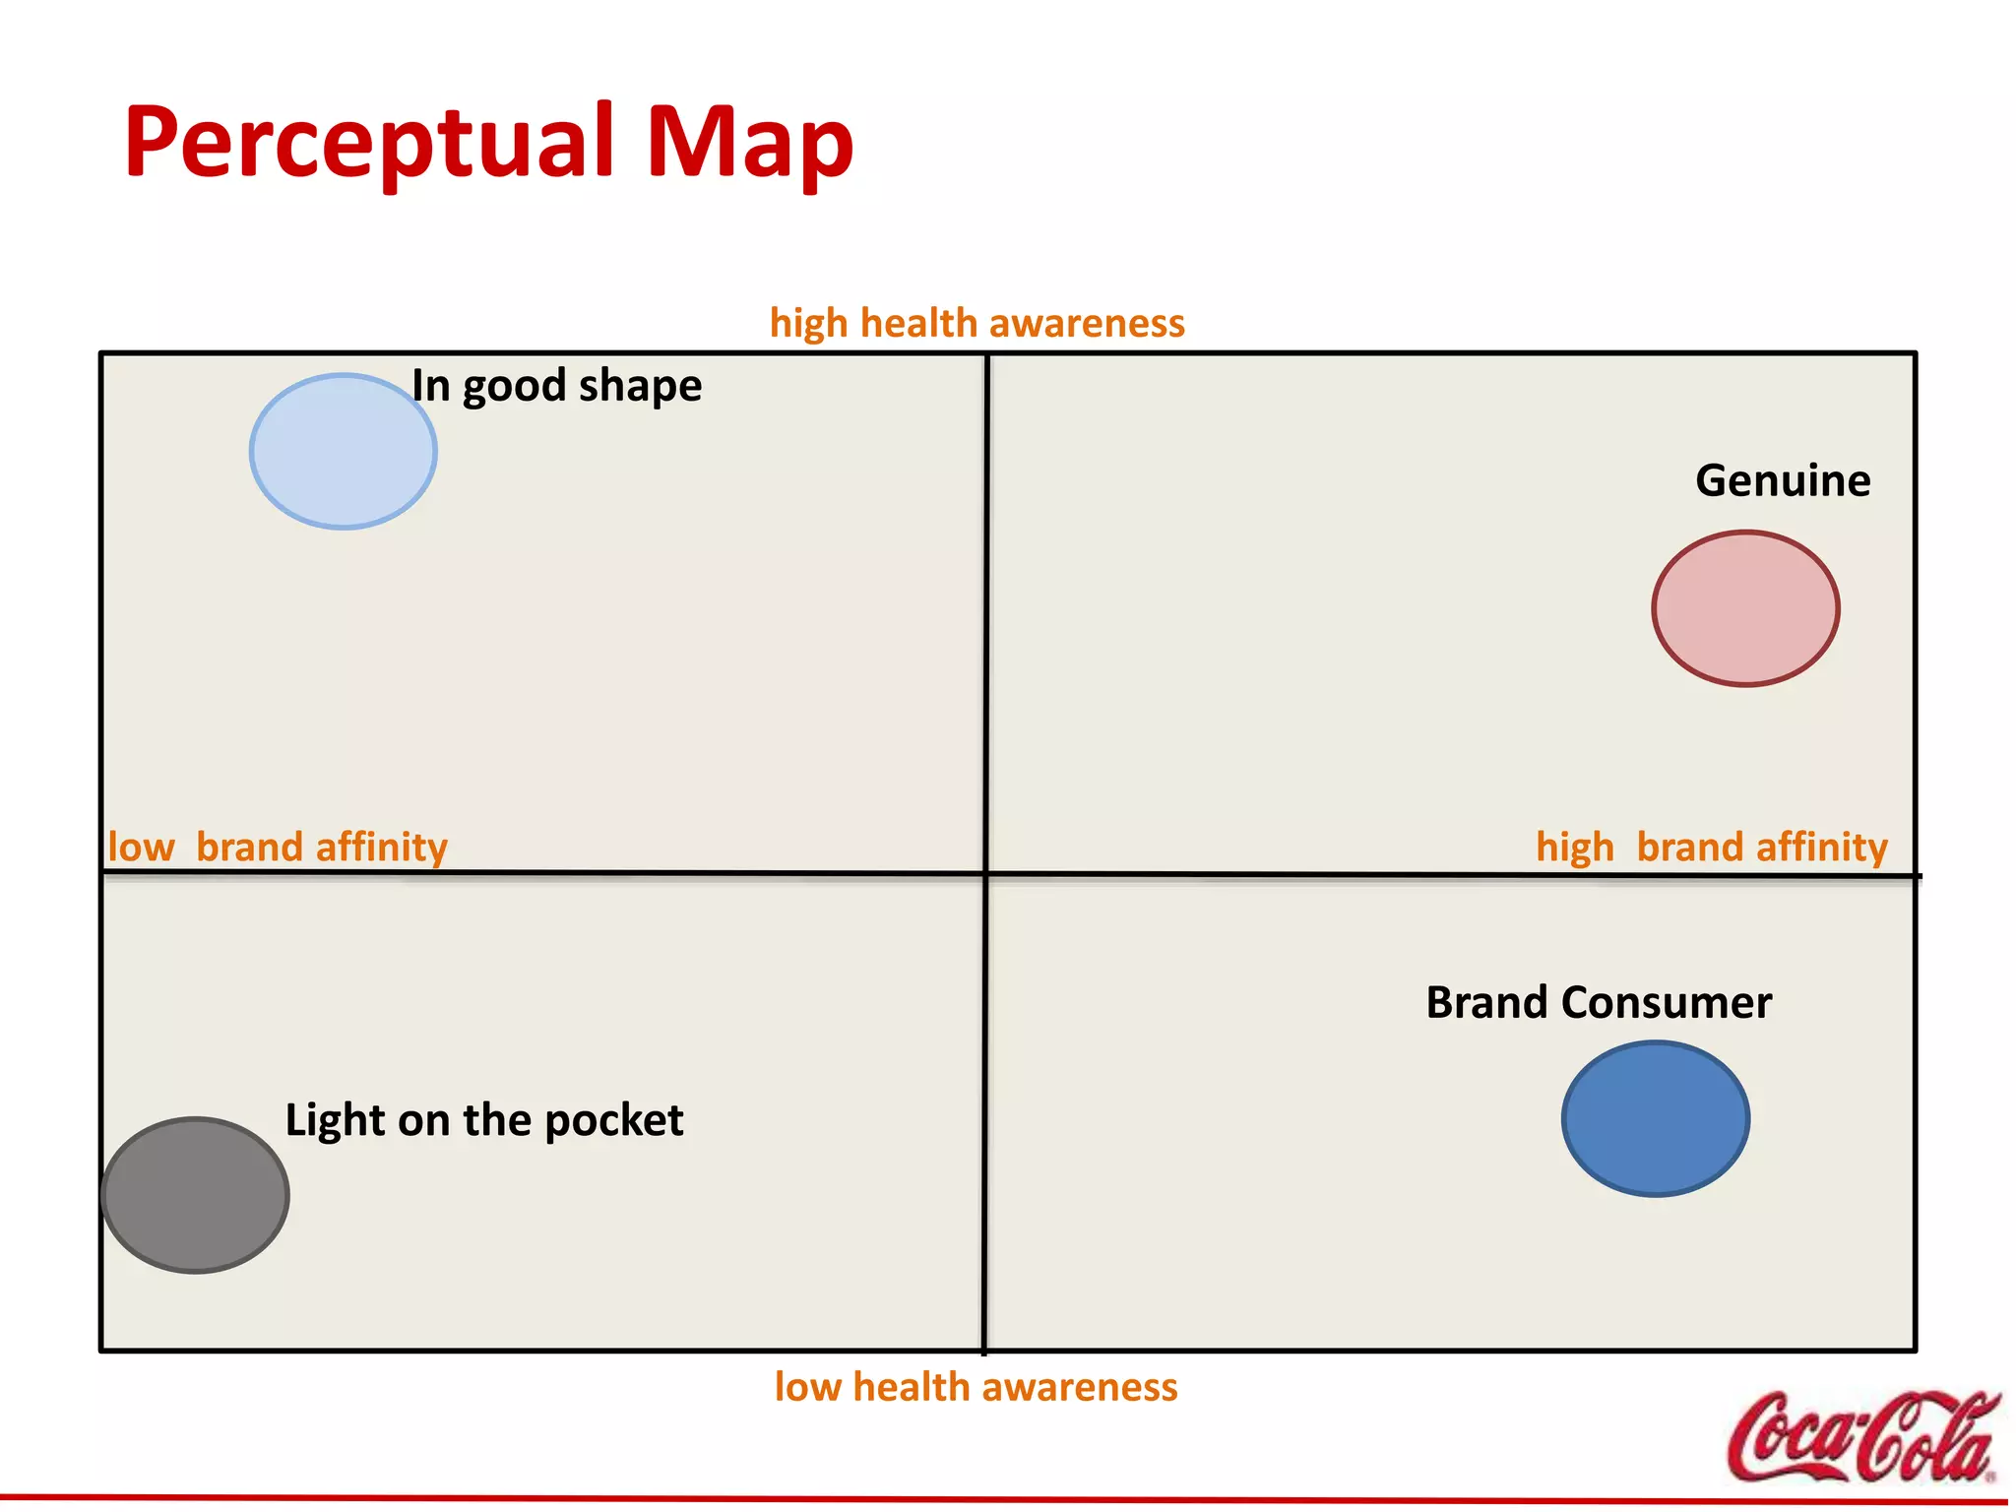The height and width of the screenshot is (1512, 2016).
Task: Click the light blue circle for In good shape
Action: tap(343, 452)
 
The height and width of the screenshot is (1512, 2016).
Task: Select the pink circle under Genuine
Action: tap(1745, 608)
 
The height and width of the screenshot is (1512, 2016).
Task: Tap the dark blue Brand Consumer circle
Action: tap(1656, 1119)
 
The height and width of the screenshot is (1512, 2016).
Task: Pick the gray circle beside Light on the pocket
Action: tap(196, 1195)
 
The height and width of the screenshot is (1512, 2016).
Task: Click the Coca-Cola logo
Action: tap(1862, 1437)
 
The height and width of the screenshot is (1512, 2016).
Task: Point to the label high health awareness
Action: tap(976, 324)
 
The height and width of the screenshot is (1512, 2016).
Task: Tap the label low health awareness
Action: tap(976, 1387)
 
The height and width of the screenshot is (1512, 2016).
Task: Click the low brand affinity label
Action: tap(278, 848)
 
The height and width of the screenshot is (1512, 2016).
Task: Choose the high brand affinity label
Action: tap(1712, 848)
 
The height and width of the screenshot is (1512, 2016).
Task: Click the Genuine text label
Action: tap(1783, 481)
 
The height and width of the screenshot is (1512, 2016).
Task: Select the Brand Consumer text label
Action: tap(1599, 1003)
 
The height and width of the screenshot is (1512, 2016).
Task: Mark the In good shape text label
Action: tap(557, 386)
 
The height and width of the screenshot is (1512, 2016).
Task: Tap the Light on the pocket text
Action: tap(484, 1121)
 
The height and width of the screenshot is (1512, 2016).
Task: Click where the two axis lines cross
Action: tap(985, 873)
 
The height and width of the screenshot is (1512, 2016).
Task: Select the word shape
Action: tap(641, 386)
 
